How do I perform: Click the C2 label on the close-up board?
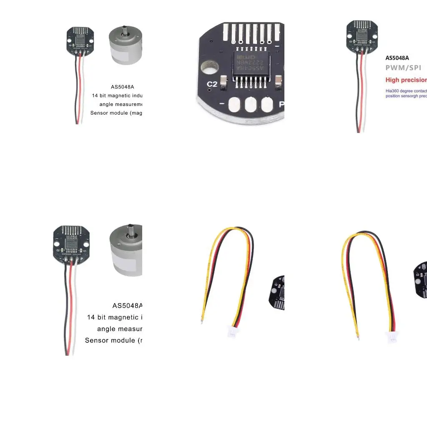[x=212, y=84]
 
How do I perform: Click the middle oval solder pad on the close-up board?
[x=251, y=104]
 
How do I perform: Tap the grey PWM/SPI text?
[x=403, y=68]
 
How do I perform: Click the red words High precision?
[x=406, y=80]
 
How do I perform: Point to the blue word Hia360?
[x=392, y=90]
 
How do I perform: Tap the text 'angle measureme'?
[x=121, y=104]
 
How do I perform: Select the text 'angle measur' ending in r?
[x=120, y=329]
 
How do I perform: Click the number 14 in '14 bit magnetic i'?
[x=91, y=317]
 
